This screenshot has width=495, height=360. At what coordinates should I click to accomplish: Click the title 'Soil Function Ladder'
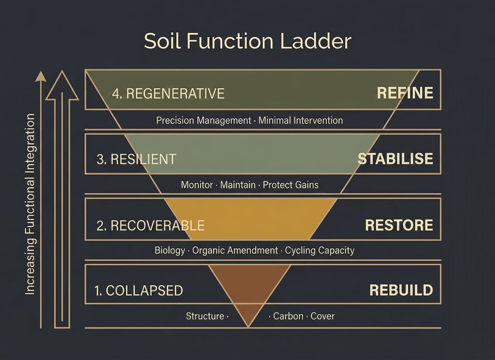(247, 42)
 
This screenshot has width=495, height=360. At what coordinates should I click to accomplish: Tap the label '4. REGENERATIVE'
(168, 93)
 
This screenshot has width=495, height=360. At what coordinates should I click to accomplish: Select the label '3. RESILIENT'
(136, 159)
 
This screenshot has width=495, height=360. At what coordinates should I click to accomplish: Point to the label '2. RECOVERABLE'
(150, 225)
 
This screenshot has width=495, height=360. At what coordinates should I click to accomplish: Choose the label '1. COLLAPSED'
(139, 290)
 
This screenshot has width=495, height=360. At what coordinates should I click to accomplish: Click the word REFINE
(405, 93)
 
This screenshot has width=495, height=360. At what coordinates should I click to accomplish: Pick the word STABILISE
(395, 159)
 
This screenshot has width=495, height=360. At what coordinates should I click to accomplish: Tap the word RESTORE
(399, 225)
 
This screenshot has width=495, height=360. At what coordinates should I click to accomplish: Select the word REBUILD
(401, 290)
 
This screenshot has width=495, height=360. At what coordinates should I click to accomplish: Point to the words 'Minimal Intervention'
(301, 120)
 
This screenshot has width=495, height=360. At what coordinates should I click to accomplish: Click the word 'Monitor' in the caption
(197, 185)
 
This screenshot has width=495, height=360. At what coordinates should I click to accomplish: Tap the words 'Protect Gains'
(291, 185)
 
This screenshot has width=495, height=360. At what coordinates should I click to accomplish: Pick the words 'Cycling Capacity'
(320, 250)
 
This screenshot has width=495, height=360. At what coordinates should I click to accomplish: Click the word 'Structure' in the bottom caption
(205, 316)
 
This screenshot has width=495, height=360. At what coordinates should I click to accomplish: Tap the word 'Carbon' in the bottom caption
(288, 316)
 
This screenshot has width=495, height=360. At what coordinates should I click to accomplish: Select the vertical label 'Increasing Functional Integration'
(30, 204)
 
